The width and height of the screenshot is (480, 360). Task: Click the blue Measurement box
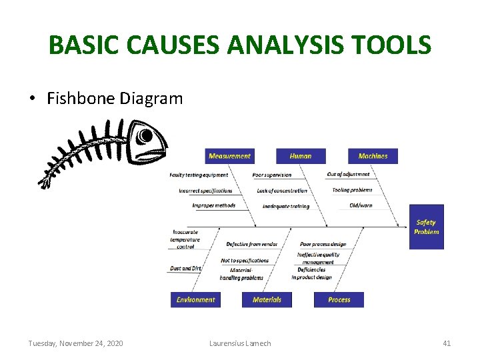click(229, 156)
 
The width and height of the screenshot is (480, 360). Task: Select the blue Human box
click(301, 156)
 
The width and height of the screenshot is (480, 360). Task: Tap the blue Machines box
click(373, 156)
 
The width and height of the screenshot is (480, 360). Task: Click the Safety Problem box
click(426, 227)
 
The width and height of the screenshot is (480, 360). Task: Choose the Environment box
click(195, 300)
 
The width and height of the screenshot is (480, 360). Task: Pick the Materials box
click(267, 300)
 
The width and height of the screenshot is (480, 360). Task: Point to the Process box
click(339, 300)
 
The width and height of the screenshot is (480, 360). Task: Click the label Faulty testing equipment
click(199, 175)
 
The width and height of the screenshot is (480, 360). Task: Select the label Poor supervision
click(272, 175)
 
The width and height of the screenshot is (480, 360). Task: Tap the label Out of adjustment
click(348, 175)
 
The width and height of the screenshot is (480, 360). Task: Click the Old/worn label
click(361, 205)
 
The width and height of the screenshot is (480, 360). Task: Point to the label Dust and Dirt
click(185, 268)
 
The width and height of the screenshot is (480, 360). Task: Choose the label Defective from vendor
click(252, 245)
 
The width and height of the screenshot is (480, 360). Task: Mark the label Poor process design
click(323, 245)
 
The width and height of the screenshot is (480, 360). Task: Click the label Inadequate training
click(286, 207)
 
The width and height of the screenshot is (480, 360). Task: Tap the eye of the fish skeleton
click(145, 136)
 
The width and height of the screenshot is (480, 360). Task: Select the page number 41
click(447, 343)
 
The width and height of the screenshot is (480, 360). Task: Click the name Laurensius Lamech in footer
click(240, 343)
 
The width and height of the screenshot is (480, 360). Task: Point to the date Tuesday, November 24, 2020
click(75, 343)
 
